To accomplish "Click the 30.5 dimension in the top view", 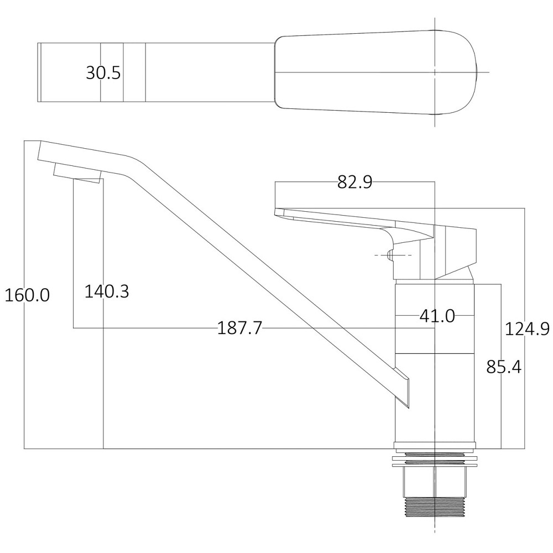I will tap(103, 72).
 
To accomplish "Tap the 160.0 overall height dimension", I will tap(27, 295).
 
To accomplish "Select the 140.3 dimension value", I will tap(107, 291).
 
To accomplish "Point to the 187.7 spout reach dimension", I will tap(239, 328).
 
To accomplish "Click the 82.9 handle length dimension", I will tap(354, 182).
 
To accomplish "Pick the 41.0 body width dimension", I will tap(437, 316).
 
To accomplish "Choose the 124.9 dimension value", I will tap(526, 329).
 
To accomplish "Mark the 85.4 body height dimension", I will tap(503, 366).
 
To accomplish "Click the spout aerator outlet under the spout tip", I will tap(77, 174).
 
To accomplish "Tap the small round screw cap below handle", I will tap(390, 255).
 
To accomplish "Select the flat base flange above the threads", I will tap(435, 447).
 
